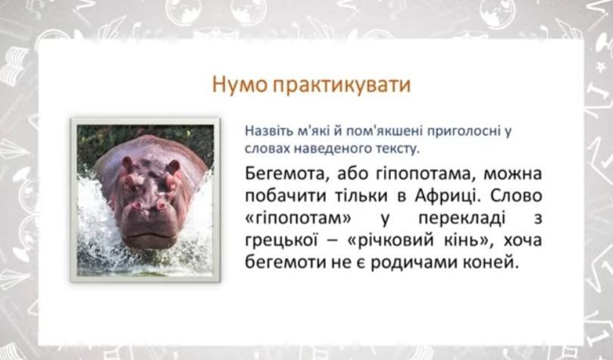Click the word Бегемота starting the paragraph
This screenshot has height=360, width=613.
(285, 174)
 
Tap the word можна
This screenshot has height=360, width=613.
(512, 174)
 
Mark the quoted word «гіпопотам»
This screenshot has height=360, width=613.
(299, 218)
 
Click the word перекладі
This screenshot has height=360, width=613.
(461, 218)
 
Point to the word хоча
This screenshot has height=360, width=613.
(523, 239)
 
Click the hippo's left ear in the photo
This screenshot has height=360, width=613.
(127, 163)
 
